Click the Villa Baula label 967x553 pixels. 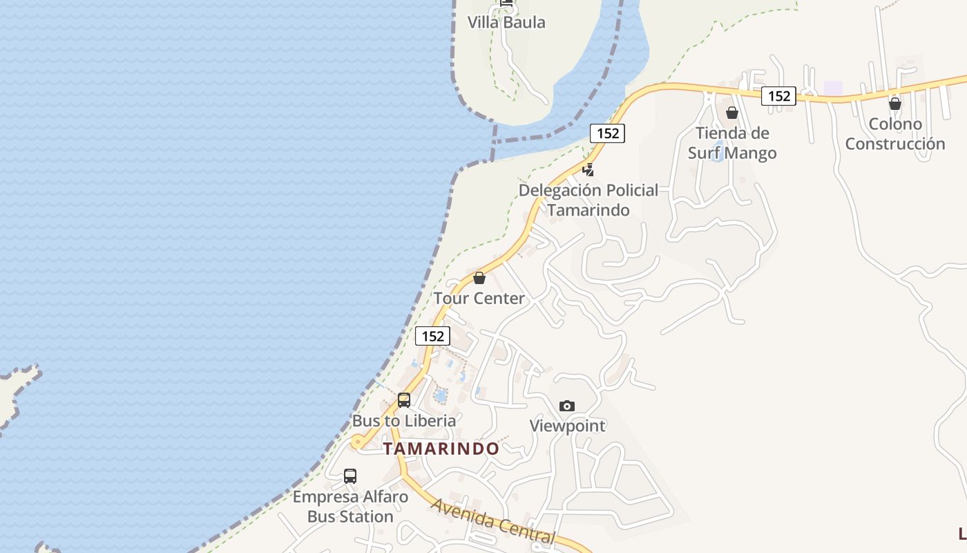506,22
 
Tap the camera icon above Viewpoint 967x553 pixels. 567,406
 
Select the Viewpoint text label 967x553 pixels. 567,426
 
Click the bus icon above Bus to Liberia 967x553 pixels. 404,400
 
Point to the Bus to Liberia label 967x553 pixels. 404,420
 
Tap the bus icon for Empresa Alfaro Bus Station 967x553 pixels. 350,476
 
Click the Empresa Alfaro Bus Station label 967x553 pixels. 350,506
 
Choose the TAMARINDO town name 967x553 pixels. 441,449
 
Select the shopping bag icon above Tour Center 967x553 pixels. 479,278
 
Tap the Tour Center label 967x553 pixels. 479,299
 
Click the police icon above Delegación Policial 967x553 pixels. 588,169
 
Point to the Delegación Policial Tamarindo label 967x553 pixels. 588,200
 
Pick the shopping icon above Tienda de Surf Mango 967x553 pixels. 732,112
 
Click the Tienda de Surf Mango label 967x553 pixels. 732,142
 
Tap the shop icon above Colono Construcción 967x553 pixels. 895,104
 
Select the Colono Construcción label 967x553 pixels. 895,134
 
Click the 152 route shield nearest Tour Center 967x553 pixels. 432,337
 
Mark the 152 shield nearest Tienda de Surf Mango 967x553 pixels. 779,96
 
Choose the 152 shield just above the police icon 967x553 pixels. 608,133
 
